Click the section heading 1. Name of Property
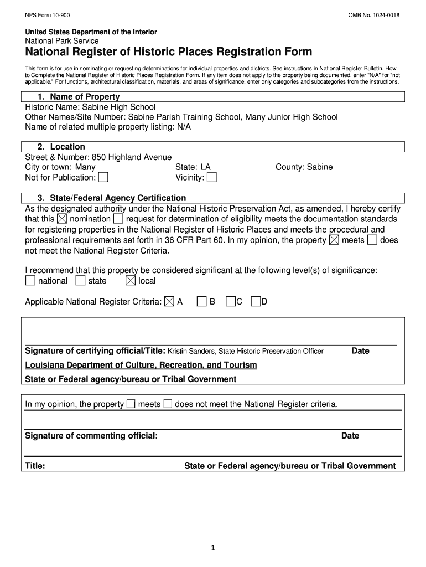tap(78, 97)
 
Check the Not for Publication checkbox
tap(103, 177)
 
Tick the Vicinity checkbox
tap(211, 177)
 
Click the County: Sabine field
tap(304, 167)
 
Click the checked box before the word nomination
tap(62, 219)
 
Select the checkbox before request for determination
tap(118, 219)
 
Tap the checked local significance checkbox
tap(131, 281)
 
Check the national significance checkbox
tap(30, 281)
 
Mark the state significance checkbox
tap(80, 281)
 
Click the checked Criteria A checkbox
tap(169, 302)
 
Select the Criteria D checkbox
tap(256, 302)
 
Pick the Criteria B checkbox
tap(202, 302)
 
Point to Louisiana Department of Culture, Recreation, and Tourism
tap(141, 365)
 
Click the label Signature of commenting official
tap(92, 436)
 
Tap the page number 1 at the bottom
tap(212, 548)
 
